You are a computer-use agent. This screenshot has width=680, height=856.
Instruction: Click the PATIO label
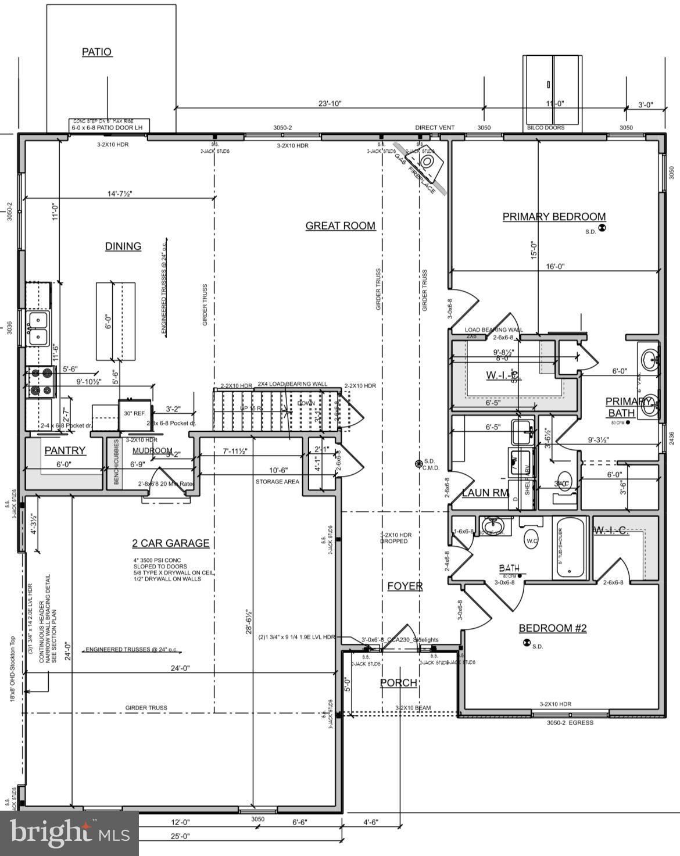[x=96, y=52]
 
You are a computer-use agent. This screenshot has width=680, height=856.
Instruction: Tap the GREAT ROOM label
[x=341, y=225]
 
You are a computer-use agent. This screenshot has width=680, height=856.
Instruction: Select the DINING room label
[x=123, y=246]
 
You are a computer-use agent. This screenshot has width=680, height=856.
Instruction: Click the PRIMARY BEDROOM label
[x=554, y=217]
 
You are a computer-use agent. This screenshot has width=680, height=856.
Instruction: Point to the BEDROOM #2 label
[x=553, y=628]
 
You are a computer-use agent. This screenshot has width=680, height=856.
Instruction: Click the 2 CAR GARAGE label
[x=170, y=543]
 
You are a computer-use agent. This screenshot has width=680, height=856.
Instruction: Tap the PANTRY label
[x=65, y=450]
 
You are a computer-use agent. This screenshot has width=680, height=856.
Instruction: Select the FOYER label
[x=405, y=586]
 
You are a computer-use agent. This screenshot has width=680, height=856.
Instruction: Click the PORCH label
[x=399, y=682]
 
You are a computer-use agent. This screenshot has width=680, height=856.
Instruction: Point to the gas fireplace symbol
[x=428, y=160]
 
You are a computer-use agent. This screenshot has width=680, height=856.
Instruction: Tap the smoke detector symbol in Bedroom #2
[x=527, y=643]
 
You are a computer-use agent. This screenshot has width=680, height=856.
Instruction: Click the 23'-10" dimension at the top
[x=330, y=103]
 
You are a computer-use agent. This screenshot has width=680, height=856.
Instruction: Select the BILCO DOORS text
[x=545, y=127]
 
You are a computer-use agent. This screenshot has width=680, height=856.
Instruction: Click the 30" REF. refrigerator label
[x=133, y=413]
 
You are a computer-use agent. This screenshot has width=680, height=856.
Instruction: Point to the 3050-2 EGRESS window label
[x=570, y=722]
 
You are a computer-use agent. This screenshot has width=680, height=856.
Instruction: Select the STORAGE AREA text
[x=277, y=481]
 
